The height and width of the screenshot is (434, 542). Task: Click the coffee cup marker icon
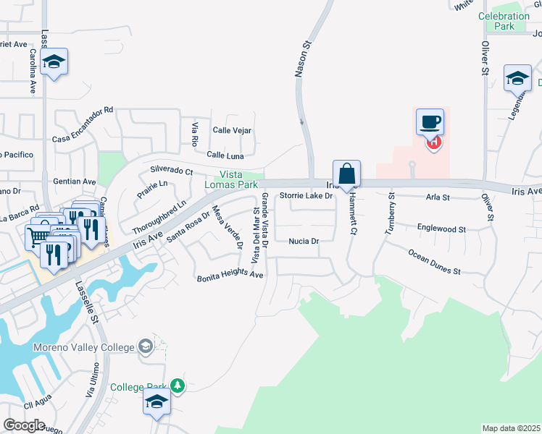coord(430,122)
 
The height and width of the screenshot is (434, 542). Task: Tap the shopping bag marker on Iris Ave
coord(347,174)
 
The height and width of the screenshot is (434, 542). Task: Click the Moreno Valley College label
coord(83,347)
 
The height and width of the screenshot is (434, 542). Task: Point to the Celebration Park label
coord(504,21)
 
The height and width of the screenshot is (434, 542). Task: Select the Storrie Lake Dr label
coord(306,195)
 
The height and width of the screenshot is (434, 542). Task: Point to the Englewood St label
coord(441,228)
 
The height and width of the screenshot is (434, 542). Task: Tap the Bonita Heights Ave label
coord(230,276)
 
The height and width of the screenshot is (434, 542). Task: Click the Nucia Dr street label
coord(304,241)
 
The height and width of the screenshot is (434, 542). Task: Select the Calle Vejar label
coord(232,130)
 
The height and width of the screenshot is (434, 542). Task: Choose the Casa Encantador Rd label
coord(83,124)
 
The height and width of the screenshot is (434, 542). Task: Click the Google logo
coord(24,425)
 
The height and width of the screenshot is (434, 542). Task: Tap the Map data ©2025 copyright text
coord(511,428)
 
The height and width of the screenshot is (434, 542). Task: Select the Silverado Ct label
coord(171,171)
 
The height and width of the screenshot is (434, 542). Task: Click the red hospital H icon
coord(433,142)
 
